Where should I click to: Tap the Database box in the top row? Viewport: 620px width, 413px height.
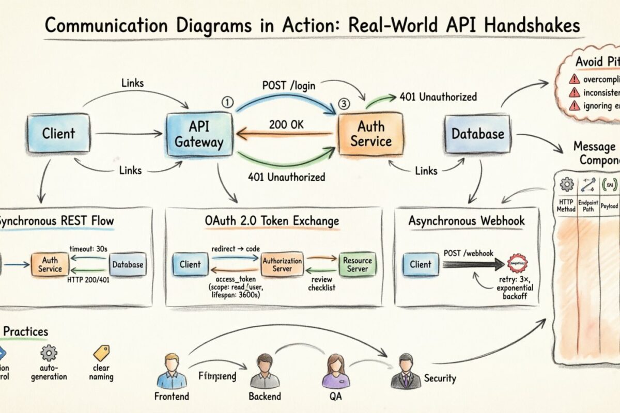pyautogui.click(x=477, y=134)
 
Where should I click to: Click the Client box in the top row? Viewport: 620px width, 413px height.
pyautogui.click(x=58, y=133)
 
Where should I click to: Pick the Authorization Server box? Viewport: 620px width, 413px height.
pyautogui.click(x=282, y=264)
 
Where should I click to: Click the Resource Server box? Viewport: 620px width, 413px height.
pyautogui.click(x=357, y=264)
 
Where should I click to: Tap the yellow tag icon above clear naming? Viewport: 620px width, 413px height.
pyautogui.click(x=101, y=353)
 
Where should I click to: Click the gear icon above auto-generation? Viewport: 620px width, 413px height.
pyautogui.click(x=49, y=353)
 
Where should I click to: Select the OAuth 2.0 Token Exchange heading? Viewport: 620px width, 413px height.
pyautogui.click(x=272, y=221)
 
